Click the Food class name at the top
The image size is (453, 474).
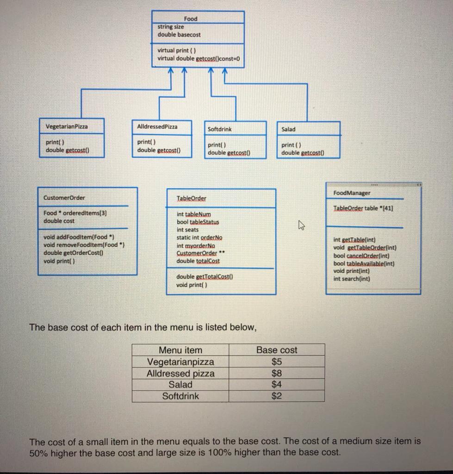pyautogui.click(x=190, y=19)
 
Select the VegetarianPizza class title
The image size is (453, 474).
pyautogui.click(x=67, y=126)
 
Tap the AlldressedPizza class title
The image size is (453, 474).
pyautogui.click(x=157, y=126)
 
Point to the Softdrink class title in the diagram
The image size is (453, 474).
pyautogui.click(x=220, y=129)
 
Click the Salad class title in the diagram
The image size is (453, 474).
pyautogui.click(x=288, y=129)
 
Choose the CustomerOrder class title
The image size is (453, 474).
pyautogui.click(x=64, y=198)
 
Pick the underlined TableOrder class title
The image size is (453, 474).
pyautogui.click(x=192, y=199)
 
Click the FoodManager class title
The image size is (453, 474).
pyautogui.click(x=352, y=193)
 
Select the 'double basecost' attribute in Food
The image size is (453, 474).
pyautogui.click(x=179, y=35)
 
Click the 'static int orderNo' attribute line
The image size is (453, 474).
pyautogui.click(x=199, y=237)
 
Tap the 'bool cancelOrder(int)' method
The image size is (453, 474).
pyautogui.click(x=361, y=256)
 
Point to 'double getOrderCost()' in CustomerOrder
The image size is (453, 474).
pyautogui.click(x=73, y=253)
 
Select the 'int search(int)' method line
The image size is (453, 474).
pyautogui.click(x=352, y=279)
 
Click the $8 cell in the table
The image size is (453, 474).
pyautogui.click(x=276, y=373)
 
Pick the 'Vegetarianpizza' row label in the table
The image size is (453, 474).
pyautogui.click(x=180, y=362)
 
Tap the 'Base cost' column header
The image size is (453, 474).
pyautogui.click(x=277, y=350)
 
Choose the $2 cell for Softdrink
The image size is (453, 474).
pyautogui.click(x=276, y=396)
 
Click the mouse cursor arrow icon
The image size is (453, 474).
pyautogui.click(x=302, y=225)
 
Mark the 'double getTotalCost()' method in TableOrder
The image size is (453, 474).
pyautogui.click(x=204, y=277)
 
